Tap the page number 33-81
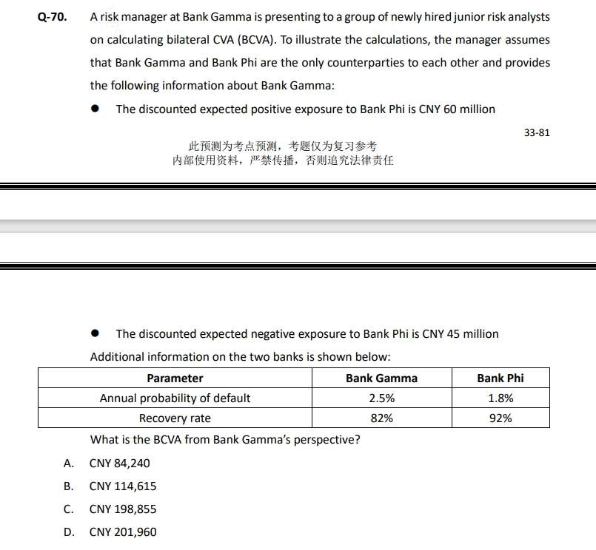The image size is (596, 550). click(x=537, y=133)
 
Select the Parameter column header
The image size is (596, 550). click(x=175, y=378)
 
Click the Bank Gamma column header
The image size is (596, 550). click(x=381, y=378)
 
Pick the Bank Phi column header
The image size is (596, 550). click(x=500, y=378)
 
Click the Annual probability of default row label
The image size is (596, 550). click(x=175, y=398)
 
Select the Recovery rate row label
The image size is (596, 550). click(x=175, y=418)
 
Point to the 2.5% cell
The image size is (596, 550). click(x=381, y=398)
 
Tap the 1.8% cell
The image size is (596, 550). click(x=500, y=398)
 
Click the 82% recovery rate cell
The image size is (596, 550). click(x=381, y=418)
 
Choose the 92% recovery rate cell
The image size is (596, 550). click(x=500, y=418)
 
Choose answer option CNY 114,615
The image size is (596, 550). click(x=122, y=486)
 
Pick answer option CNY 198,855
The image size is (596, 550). click(x=122, y=509)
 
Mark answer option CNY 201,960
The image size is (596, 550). click(x=122, y=532)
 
